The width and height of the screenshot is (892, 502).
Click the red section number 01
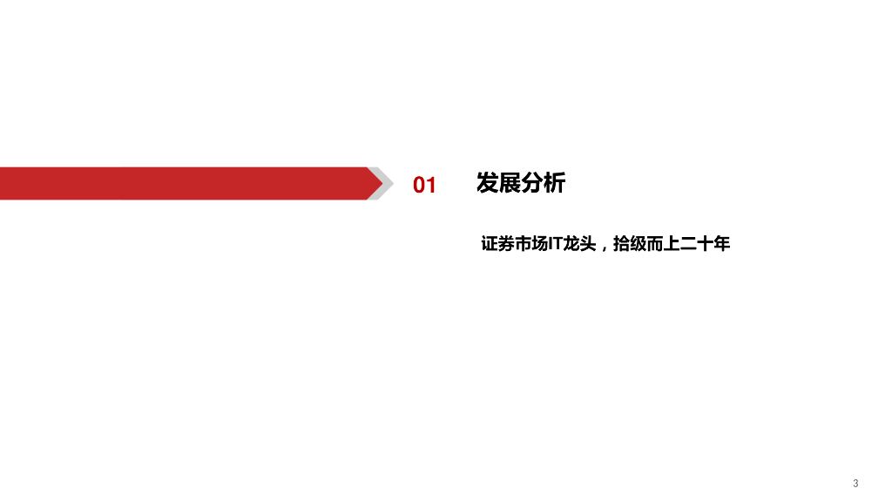click(424, 185)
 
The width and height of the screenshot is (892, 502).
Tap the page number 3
click(855, 483)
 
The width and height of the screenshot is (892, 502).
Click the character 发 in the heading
click(487, 183)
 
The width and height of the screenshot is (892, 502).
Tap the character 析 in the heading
click(554, 183)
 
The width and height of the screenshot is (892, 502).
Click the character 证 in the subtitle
click(490, 244)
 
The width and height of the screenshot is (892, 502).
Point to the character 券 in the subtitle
click(507, 244)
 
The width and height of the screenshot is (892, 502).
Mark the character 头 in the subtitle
click(590, 244)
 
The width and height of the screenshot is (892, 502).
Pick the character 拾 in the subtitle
click(621, 244)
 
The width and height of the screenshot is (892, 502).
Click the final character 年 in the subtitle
click(721, 244)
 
